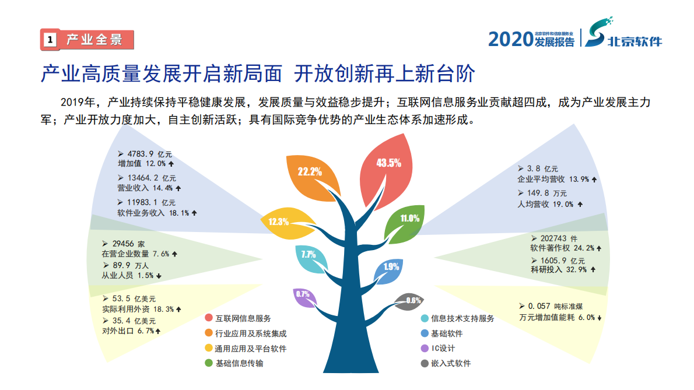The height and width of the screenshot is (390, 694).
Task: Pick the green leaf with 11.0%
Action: tap(408, 220)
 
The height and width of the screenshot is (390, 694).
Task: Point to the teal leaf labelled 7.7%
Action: tap(309, 257)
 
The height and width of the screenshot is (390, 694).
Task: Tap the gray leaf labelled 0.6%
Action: tap(409, 301)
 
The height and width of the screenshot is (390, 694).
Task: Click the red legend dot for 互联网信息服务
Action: tap(208, 318)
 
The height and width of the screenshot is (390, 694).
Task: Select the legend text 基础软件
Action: tap(447, 333)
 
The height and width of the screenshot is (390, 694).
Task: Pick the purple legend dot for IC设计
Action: tap(425, 349)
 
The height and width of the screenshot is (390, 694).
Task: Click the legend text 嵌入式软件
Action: tap(451, 363)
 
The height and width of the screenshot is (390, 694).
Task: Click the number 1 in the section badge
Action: tap(50, 40)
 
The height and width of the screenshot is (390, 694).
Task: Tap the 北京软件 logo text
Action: tap(635, 42)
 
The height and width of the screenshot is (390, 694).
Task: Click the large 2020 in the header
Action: tap(510, 39)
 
